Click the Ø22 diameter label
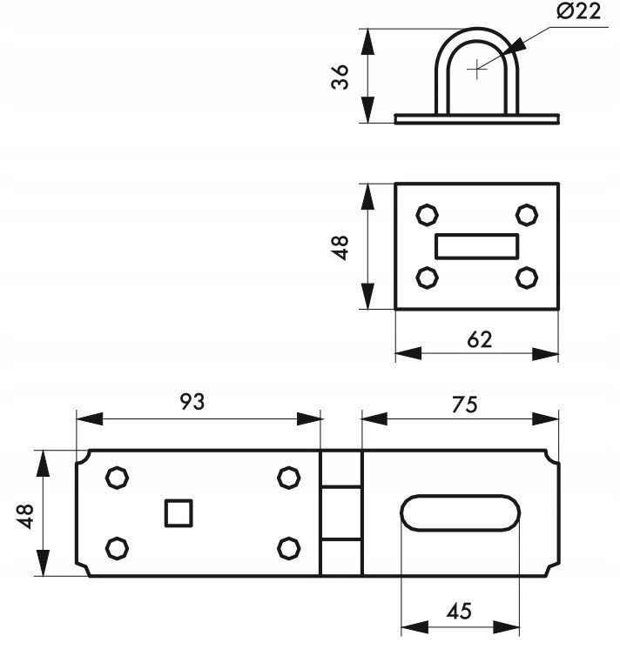pos(578,11)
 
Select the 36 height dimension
pos(340,77)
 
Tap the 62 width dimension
pos(480,339)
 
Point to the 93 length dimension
pos(192,401)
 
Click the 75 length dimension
pos(465,405)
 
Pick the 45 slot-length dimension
pos(459,611)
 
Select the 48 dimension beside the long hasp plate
pos(25,516)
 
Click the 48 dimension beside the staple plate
pos(340,248)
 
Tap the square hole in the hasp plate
pos(179,513)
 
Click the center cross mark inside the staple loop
pos(477,69)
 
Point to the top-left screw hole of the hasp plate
pos(117,478)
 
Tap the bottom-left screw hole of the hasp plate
pos(117,548)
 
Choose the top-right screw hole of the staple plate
pos(527,215)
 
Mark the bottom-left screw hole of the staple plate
pos(427,278)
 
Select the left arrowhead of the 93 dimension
pos(90,418)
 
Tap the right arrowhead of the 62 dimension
pos(545,354)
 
